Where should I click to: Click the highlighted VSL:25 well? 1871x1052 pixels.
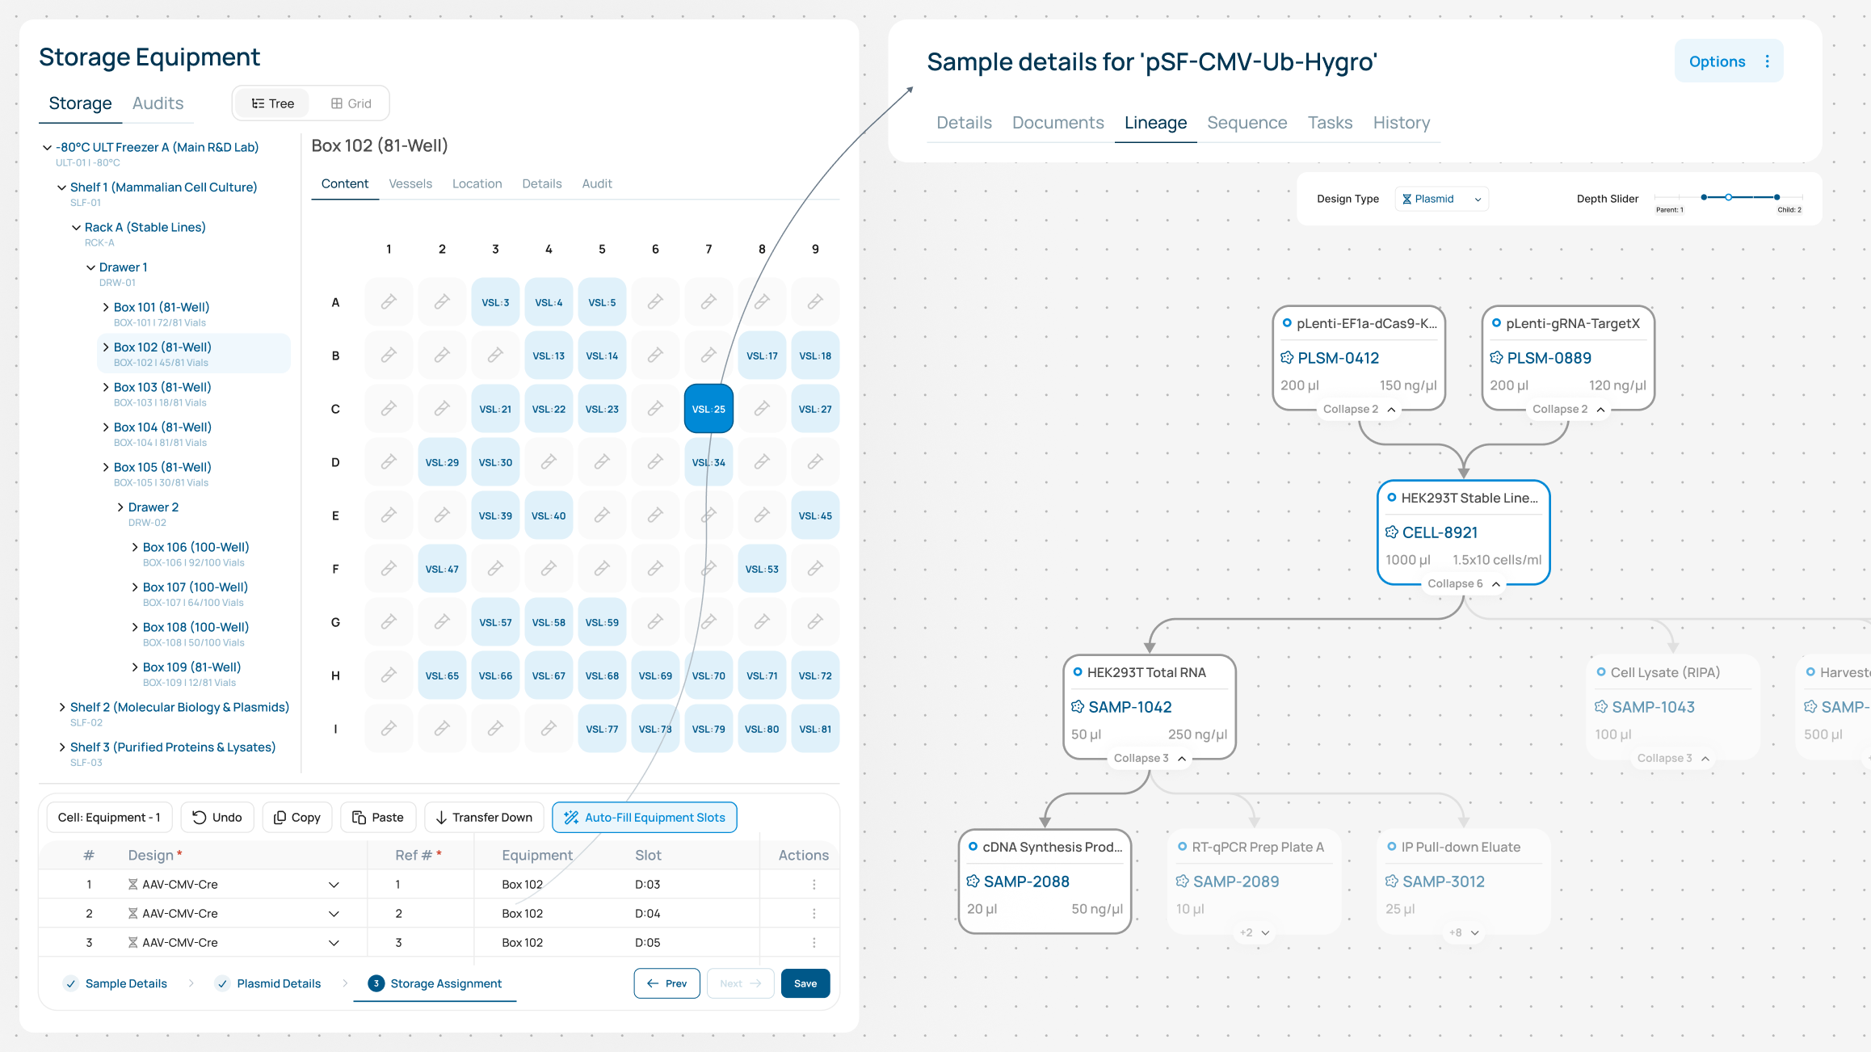click(x=708, y=409)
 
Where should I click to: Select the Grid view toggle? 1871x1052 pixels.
click(x=351, y=103)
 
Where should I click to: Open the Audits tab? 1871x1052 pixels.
click(x=158, y=103)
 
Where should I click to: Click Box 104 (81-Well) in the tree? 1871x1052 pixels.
click(x=162, y=427)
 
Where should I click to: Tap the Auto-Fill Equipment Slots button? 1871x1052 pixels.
click(x=645, y=817)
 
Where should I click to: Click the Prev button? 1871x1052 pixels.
click(x=666, y=983)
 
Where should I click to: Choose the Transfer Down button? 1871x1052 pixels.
click(x=484, y=817)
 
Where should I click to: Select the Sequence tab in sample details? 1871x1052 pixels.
click(x=1247, y=123)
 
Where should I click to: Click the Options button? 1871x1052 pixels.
click(x=1729, y=61)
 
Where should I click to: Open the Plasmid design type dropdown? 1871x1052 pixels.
click(x=1442, y=199)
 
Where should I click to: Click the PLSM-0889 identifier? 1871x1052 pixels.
click(x=1549, y=358)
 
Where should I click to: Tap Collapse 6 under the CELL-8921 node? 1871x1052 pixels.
click(x=1463, y=583)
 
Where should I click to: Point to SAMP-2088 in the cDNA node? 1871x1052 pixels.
click(x=1026, y=882)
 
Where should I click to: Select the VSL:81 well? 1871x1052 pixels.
click(x=815, y=729)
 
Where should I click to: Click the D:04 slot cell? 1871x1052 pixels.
click(x=647, y=913)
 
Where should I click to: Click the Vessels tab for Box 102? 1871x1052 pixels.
click(x=410, y=183)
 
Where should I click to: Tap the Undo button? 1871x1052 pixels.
click(x=217, y=817)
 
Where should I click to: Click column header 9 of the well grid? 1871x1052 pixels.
click(x=815, y=249)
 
